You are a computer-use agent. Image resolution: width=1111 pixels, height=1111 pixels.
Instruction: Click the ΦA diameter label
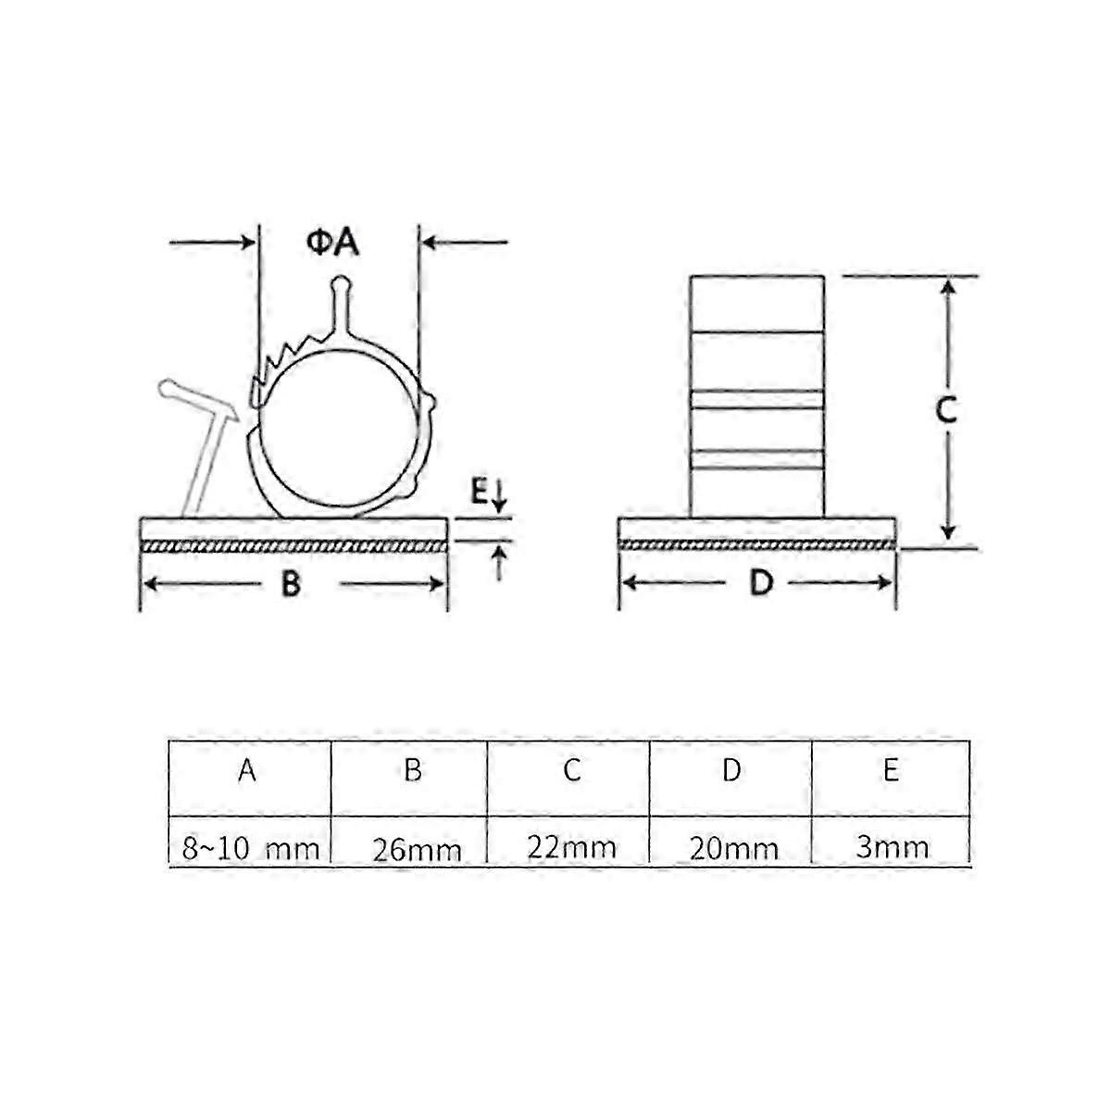[332, 243]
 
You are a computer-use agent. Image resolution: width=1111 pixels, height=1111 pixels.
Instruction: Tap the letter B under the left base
[291, 584]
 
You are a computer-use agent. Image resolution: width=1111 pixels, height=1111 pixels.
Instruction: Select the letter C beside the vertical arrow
[945, 411]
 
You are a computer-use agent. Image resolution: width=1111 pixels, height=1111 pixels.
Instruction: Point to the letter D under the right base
[761, 583]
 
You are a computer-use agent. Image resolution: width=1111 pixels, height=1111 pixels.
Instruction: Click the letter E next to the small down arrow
[479, 493]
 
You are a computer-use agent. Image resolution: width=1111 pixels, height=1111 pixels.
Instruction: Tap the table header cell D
[731, 770]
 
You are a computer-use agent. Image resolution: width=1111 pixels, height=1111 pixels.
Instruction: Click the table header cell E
[891, 770]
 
